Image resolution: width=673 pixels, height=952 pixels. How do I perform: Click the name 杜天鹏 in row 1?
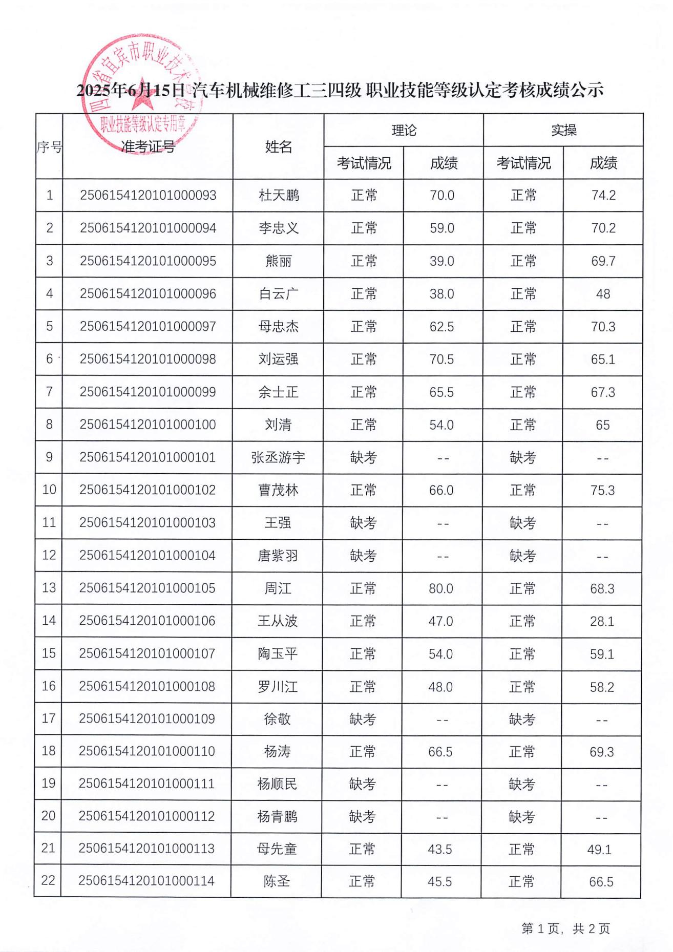click(279, 195)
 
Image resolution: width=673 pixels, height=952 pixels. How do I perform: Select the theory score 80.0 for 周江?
click(440, 588)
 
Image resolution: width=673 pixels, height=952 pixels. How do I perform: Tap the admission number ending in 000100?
click(148, 425)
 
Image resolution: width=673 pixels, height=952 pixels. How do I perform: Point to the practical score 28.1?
click(602, 621)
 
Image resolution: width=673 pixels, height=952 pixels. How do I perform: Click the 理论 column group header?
click(404, 130)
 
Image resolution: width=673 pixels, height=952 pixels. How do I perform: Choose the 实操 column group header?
click(563, 130)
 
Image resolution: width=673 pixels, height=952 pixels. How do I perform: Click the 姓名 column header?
click(279, 147)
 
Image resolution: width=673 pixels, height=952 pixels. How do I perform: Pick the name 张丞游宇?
click(278, 457)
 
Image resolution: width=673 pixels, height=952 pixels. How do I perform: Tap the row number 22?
click(48, 880)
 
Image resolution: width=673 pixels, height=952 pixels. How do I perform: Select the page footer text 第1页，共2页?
click(565, 928)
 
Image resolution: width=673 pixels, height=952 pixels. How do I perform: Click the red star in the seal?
click(142, 100)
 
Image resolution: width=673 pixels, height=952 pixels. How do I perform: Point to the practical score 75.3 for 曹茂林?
click(602, 490)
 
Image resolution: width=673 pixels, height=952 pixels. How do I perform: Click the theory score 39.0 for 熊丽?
click(441, 261)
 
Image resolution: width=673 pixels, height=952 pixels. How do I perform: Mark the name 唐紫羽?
click(278, 556)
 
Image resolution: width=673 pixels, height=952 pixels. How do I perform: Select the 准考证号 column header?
click(148, 147)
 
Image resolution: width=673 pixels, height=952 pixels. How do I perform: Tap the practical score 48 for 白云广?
click(603, 294)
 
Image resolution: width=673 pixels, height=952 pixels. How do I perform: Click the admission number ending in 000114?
click(146, 881)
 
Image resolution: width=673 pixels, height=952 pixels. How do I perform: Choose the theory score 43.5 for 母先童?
click(439, 849)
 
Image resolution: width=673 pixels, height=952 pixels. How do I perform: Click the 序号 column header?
click(49, 147)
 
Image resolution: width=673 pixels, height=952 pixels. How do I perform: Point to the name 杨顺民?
click(277, 784)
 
